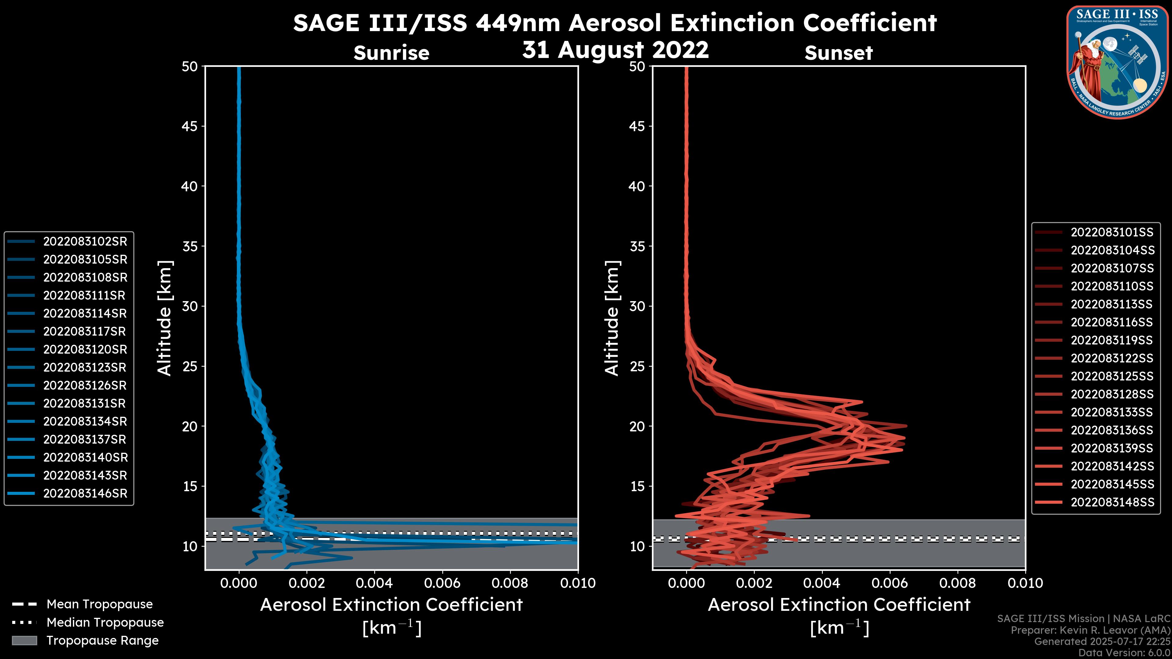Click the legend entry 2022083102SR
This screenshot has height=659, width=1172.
85,242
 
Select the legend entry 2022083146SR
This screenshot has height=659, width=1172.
85,493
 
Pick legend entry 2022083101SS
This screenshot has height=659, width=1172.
1112,232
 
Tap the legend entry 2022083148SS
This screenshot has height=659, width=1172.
1112,502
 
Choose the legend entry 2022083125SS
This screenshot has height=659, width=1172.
1112,376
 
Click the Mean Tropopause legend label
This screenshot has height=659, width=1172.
99,604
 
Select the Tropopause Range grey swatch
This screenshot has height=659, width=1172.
24,640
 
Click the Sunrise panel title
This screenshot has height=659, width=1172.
391,53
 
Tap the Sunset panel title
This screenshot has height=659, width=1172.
838,53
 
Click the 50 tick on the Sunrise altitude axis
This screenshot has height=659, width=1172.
190,67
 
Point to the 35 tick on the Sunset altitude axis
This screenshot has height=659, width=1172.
637,247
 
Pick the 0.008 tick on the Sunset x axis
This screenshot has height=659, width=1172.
958,583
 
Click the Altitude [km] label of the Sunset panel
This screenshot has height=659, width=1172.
612,318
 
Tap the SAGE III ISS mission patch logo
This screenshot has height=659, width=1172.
1117,61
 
